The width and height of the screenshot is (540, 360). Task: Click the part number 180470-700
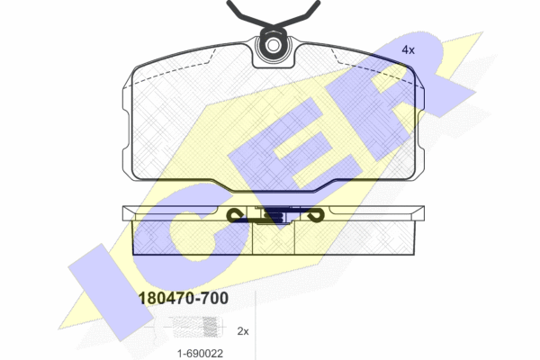[184, 298]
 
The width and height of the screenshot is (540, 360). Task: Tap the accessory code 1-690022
[200, 353]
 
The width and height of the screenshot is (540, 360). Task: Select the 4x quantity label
[408, 50]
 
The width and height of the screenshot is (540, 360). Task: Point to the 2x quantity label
[243, 331]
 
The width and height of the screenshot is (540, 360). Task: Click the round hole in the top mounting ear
[273, 45]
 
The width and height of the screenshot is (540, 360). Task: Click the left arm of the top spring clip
[248, 13]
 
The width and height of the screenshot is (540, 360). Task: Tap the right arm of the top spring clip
[298, 13]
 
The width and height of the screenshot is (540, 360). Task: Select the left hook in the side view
[235, 215]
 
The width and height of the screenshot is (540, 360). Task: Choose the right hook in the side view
[315, 215]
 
